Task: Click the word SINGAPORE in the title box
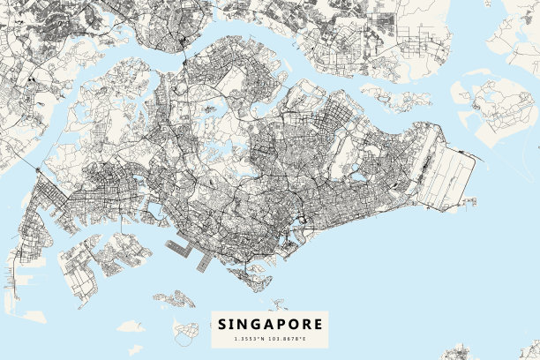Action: point(270,325)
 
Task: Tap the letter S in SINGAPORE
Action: point(222,325)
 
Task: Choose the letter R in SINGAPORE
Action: point(306,325)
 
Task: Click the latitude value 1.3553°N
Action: point(250,339)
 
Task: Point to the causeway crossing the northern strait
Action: point(184,55)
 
